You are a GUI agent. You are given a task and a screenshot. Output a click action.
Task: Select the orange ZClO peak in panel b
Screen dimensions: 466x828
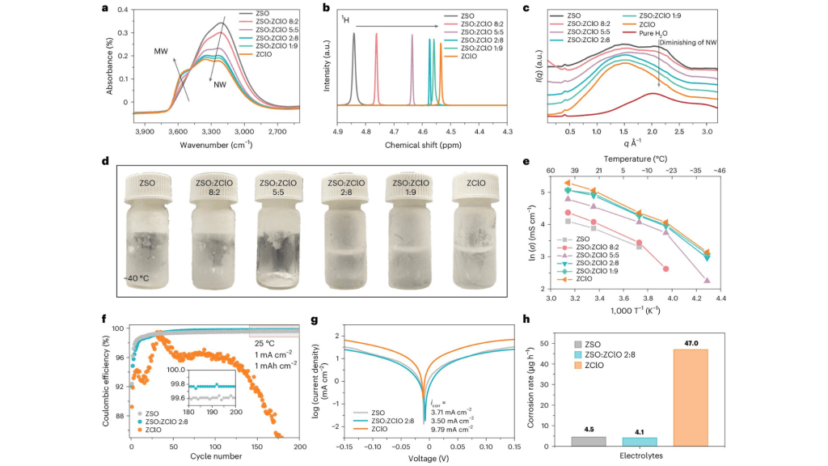coord(441,77)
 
